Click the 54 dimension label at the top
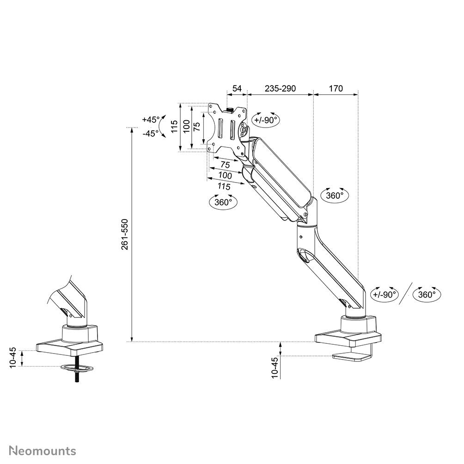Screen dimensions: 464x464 click(x=237, y=88)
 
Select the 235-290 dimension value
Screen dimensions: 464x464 click(x=280, y=88)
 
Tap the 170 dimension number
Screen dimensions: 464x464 click(x=336, y=88)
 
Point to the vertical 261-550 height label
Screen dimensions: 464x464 click(x=125, y=234)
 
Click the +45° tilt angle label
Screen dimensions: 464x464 click(x=150, y=119)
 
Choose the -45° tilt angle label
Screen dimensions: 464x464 click(x=150, y=133)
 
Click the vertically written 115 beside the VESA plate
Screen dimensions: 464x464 click(x=174, y=127)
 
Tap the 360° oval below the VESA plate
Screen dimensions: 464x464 click(x=223, y=202)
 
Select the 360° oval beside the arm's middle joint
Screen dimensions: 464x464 click(x=335, y=195)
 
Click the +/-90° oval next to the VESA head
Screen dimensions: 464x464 click(x=266, y=120)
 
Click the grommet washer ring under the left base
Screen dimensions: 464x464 click(x=76, y=368)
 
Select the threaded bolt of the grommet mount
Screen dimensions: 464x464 click(x=76, y=377)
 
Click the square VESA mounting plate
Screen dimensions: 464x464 click(x=226, y=129)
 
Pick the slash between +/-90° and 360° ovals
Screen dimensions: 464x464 click(x=405, y=294)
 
